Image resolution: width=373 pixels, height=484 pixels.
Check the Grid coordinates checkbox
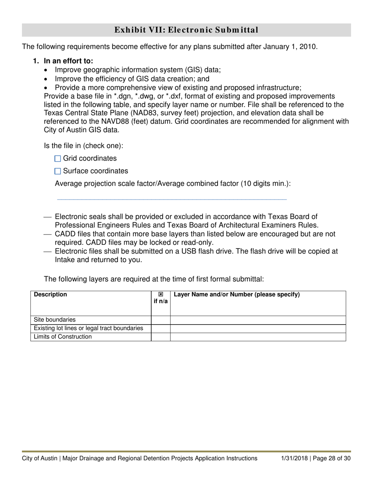[x=58, y=159]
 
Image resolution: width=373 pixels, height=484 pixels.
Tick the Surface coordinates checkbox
[x=58, y=171]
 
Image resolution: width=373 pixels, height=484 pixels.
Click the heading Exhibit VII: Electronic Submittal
[x=186, y=30]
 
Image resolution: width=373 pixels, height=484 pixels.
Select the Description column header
[x=50, y=294]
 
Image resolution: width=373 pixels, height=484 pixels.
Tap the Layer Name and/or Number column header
[x=236, y=294]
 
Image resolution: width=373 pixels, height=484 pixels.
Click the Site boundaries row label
[x=55, y=320]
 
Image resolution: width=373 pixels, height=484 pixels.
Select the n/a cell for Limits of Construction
[x=161, y=337]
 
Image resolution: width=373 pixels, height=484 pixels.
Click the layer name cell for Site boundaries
[x=258, y=320]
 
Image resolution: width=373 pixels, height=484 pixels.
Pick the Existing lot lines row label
[x=88, y=328]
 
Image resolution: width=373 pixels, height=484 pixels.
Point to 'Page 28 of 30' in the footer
[x=332, y=458]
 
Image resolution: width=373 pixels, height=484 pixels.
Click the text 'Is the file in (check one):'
[x=83, y=146]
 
